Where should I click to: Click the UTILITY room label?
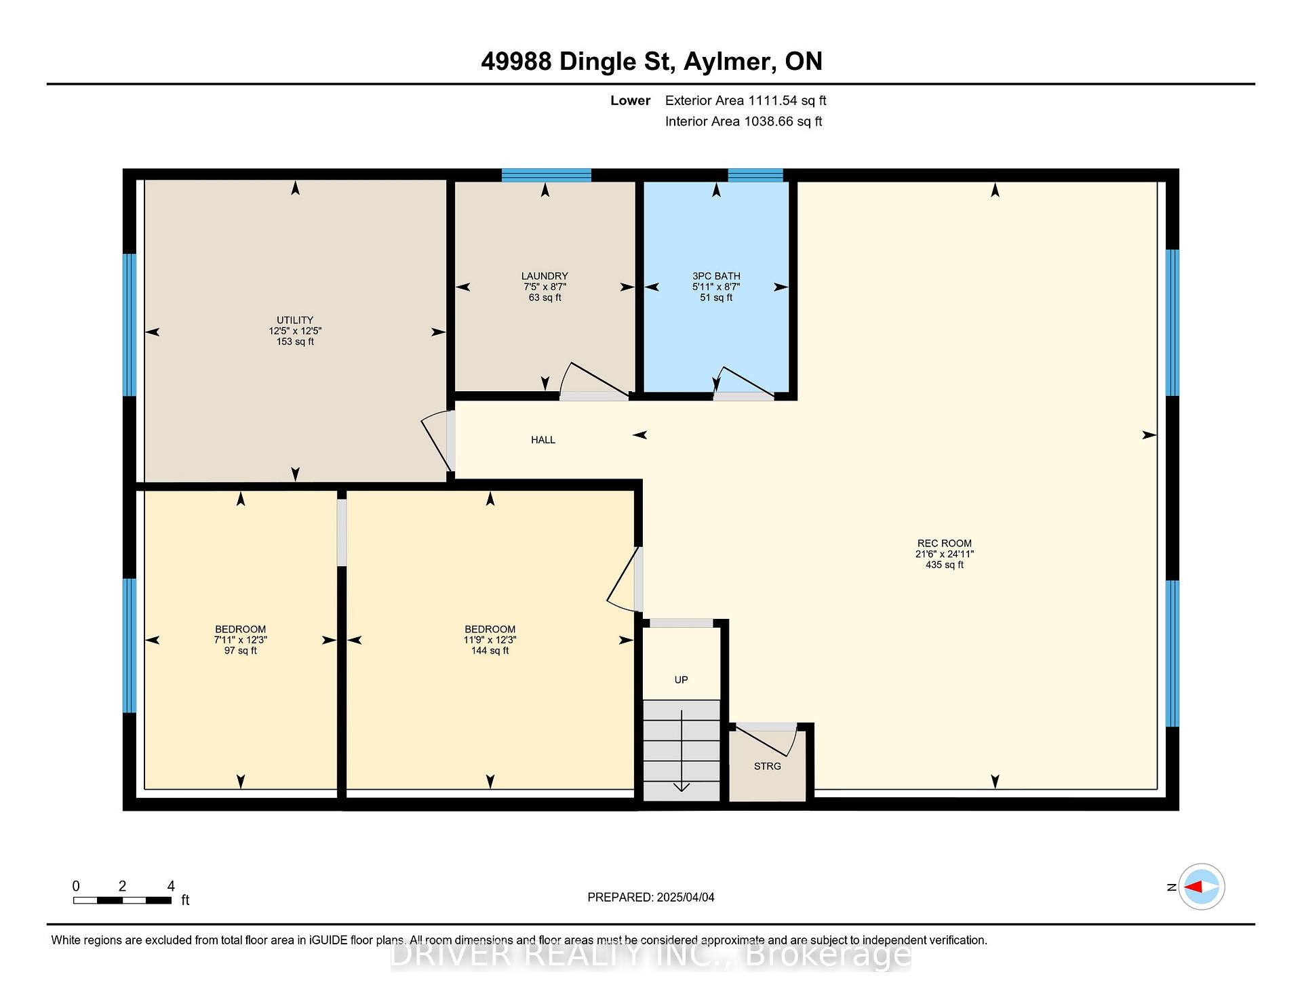295,320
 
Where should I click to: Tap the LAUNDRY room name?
545,276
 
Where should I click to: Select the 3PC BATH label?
716,276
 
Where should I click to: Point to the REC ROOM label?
945,543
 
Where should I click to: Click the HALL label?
543,440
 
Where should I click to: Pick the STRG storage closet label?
768,766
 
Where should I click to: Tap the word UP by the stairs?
682,680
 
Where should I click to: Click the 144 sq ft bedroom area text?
490,651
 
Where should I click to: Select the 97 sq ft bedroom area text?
241,651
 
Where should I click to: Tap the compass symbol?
1202,887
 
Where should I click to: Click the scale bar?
122,900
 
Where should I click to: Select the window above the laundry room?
547,176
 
